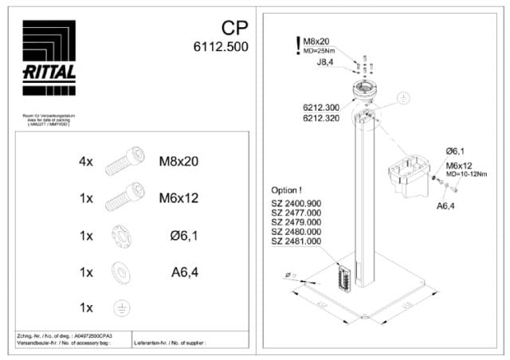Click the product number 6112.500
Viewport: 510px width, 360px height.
[221, 47]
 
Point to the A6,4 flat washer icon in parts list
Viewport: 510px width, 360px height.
[119, 271]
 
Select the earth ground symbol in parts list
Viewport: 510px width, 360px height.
[119, 307]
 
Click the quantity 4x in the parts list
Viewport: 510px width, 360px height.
[86, 161]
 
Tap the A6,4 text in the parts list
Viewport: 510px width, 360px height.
[184, 272]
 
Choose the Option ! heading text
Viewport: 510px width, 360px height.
[288, 190]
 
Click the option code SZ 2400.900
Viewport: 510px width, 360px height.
[296, 203]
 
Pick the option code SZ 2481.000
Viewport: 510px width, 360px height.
[296, 241]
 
